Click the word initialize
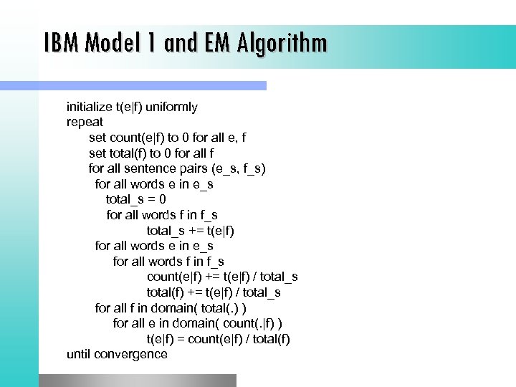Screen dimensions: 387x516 [x=90, y=107]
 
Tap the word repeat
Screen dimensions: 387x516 [x=85, y=122]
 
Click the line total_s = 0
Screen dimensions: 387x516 [x=136, y=199]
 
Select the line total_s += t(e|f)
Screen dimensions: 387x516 [x=191, y=230]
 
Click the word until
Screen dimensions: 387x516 [x=79, y=354]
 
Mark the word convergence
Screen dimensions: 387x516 [x=131, y=354]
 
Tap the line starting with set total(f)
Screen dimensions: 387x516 [x=151, y=153]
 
